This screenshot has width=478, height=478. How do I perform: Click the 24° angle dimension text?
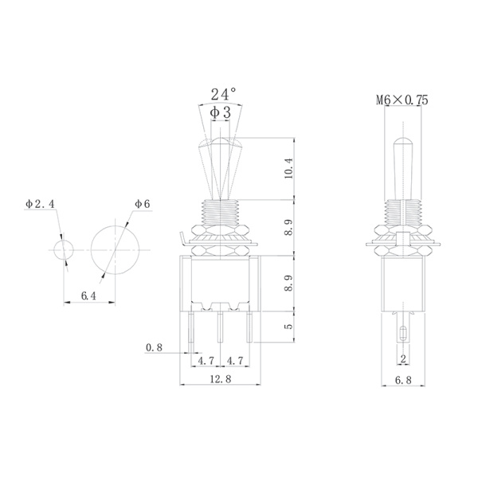pos(223,95)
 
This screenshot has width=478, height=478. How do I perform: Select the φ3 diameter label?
pos(221,113)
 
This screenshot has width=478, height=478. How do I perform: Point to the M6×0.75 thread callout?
pos(402,100)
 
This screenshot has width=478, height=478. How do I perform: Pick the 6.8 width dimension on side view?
pos(403,380)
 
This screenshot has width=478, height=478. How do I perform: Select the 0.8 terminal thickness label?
pos(155,347)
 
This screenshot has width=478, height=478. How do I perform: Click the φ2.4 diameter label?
pos(40,205)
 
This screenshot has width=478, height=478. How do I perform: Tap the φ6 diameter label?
pos(143,205)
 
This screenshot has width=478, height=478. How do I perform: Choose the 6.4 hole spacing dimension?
pos(89,296)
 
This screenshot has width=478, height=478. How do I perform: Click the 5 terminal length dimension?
pos(289,327)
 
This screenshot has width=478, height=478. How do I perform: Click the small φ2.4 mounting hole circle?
pos(63,249)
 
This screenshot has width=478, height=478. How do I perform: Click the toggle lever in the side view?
pos(403,167)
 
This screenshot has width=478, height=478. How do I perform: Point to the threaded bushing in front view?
pos(220,213)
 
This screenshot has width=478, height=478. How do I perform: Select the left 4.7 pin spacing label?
pos(204,360)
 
